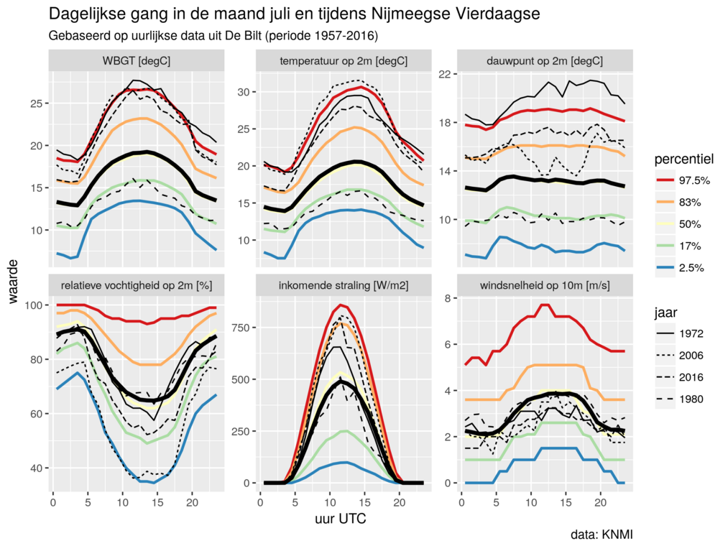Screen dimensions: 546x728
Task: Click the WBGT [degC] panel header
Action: (137, 61)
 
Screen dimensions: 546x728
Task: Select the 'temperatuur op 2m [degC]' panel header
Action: (344, 61)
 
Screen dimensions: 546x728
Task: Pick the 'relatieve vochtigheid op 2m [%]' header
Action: (137, 285)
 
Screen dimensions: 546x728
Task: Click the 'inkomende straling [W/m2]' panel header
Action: (344, 285)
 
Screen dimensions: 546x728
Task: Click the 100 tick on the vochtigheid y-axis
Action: (33, 305)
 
